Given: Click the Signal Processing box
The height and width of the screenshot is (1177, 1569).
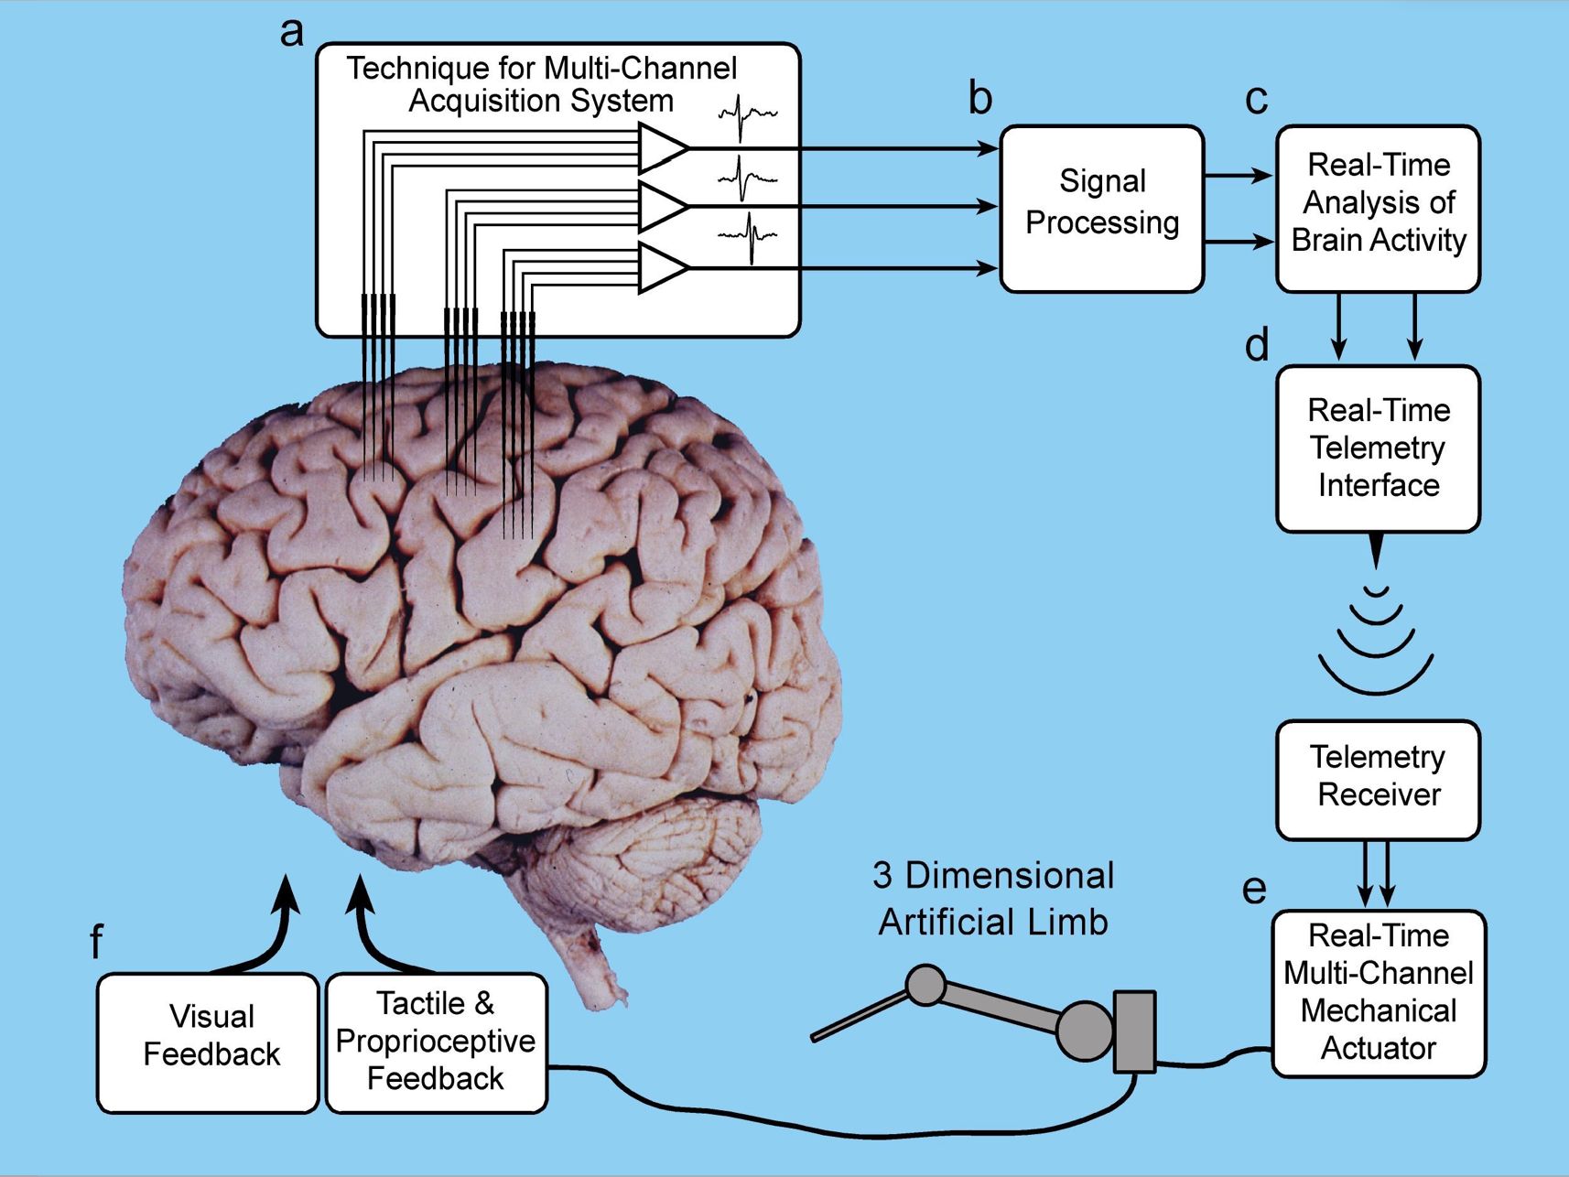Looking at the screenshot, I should tap(1101, 209).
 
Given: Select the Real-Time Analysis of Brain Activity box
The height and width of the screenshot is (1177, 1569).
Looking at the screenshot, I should tap(1378, 209).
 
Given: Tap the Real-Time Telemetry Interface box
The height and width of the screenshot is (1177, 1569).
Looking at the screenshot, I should tap(1378, 448).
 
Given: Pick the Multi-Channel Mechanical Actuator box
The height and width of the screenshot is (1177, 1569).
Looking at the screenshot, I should tap(1378, 993).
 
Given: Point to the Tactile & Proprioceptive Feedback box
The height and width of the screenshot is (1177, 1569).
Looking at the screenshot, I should tap(436, 1042).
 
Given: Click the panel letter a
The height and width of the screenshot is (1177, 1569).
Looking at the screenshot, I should tap(291, 32).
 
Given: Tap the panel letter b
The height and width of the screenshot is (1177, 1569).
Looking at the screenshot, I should tap(979, 98).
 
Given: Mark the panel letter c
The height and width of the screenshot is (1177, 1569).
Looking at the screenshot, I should tap(1257, 99).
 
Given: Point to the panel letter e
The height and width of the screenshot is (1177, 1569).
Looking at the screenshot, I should tap(1254, 888).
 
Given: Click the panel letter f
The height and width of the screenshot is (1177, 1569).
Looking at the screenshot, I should tap(96, 941).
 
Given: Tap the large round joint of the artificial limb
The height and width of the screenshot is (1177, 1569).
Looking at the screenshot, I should tap(1085, 1031).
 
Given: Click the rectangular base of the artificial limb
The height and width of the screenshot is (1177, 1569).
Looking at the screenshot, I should tap(1135, 1031).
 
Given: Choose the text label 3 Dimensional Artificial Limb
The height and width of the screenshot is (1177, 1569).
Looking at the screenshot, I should tap(993, 898).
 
